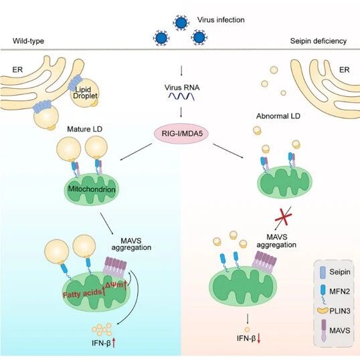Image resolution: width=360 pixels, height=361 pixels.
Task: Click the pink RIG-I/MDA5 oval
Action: point(181,134)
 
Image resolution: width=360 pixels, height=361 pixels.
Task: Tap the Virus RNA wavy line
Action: point(181,96)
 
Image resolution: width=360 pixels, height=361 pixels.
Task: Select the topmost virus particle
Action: point(181,23)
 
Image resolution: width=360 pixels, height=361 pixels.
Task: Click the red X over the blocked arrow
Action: point(284,216)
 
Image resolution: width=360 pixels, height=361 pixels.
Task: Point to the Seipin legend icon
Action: point(323,272)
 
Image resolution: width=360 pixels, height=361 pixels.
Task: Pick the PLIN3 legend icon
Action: point(323,311)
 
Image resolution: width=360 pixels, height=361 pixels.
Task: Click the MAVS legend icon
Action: point(324,330)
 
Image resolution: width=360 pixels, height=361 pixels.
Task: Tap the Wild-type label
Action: point(28,41)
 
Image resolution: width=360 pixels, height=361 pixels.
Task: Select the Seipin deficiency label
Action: point(319,41)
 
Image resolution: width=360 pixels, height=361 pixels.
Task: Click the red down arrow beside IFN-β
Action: point(258,338)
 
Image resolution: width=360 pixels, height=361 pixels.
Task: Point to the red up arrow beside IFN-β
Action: point(114,342)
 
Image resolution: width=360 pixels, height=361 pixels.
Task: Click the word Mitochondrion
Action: point(92,189)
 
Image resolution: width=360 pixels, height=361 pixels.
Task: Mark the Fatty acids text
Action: point(82,293)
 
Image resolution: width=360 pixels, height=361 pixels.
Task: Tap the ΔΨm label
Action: point(114,285)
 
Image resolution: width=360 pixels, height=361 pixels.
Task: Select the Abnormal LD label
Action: point(278,116)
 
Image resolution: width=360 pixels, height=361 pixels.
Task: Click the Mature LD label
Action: point(84,129)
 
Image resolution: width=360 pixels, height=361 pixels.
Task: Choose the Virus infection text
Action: point(221,20)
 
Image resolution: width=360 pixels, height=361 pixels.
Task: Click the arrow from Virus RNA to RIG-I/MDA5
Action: point(181,112)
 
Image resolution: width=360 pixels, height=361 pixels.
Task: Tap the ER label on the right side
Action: point(345,70)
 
